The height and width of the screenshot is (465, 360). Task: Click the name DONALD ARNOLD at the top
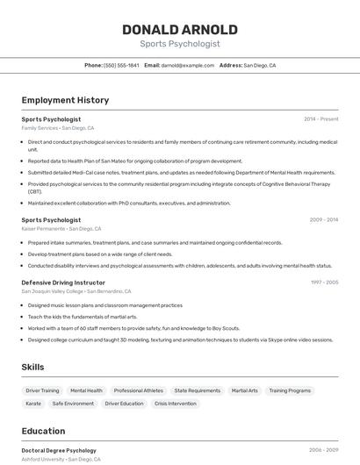(180, 30)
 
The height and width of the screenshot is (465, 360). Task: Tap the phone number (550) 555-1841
(121, 65)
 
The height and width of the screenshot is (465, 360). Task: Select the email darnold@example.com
(187, 65)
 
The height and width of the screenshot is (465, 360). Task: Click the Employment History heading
(65, 100)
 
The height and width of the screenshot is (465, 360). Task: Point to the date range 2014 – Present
(321, 118)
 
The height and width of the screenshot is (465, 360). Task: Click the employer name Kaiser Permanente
(43, 229)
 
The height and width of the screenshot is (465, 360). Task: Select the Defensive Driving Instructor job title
(63, 283)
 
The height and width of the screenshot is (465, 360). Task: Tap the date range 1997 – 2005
(324, 283)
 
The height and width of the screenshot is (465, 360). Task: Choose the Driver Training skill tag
(42, 390)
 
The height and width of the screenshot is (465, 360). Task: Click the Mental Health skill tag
(86, 390)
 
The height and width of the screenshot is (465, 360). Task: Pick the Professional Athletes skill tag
(138, 390)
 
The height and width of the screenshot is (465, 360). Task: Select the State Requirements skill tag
(197, 390)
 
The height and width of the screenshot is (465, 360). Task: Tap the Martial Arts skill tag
(244, 390)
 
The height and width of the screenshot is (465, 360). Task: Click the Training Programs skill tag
(290, 390)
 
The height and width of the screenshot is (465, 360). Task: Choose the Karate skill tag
(33, 404)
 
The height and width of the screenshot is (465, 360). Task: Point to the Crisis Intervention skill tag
(175, 404)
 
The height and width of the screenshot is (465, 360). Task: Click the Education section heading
(43, 431)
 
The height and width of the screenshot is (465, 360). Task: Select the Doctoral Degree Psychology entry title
(59, 450)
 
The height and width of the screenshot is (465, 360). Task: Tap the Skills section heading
(32, 367)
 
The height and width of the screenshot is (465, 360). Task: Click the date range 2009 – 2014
(324, 219)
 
